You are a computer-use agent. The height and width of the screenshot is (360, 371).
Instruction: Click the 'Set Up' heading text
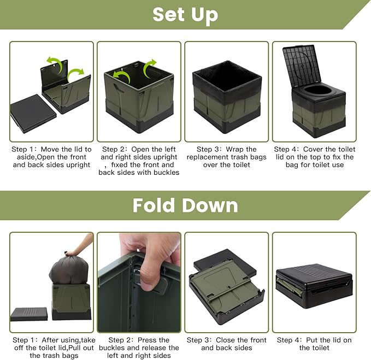tap(185, 15)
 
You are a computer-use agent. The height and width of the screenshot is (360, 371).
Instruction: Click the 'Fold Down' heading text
tap(185, 205)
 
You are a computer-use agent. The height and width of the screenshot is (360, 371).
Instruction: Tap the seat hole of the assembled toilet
tap(317, 90)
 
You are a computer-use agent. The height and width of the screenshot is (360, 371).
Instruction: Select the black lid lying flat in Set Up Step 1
tap(33, 113)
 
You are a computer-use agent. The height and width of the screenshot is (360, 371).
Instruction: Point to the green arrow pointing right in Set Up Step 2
tap(150, 68)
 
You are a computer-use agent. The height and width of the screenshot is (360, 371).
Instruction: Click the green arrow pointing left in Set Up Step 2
tap(122, 76)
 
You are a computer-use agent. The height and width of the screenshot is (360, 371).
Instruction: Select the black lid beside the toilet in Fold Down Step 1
tap(29, 314)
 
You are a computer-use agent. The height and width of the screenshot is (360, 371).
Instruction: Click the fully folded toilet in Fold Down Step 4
tap(314, 286)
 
